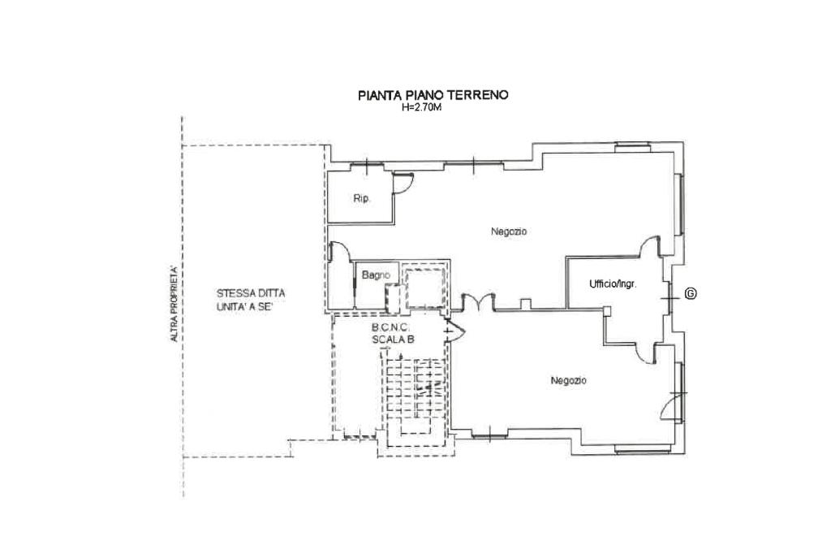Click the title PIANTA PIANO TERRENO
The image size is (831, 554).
click(x=433, y=95)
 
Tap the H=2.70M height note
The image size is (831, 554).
click(x=422, y=106)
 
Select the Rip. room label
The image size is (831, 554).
click(x=361, y=199)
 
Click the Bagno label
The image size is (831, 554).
click(x=376, y=275)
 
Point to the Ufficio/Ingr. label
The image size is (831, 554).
click(x=613, y=283)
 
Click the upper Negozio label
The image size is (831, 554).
click(x=509, y=232)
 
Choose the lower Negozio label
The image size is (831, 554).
click(x=568, y=380)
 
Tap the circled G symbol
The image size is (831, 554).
click(x=691, y=293)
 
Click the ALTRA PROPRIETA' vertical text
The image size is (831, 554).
click(x=174, y=303)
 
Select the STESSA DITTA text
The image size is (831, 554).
click(x=251, y=293)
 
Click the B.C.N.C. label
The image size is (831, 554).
click(x=391, y=328)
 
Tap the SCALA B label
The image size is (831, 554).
click(x=393, y=340)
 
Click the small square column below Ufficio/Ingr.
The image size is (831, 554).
click(x=607, y=311)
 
